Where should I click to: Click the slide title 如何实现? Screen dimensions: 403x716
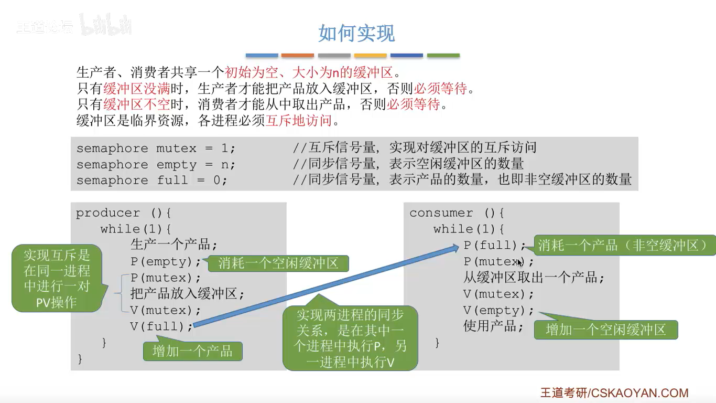pyautogui.click(x=356, y=34)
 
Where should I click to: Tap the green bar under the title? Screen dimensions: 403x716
pyautogui.click(x=443, y=55)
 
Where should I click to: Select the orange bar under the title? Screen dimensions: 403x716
pyautogui.click(x=297, y=55)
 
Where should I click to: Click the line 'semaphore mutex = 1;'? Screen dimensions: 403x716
pyautogui.click(x=156, y=149)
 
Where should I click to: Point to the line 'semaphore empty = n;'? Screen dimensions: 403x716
pyautogui.click(x=156, y=165)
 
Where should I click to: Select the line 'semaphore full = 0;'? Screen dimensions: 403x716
pyautogui.click(x=152, y=181)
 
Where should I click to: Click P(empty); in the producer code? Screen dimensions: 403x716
pyautogui.click(x=166, y=261)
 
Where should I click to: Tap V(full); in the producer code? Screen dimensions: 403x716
pyautogui.click(x=161, y=326)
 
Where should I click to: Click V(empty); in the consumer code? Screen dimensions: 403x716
pyautogui.click(x=498, y=310)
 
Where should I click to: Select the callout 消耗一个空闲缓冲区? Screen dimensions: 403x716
pyautogui.click(x=278, y=263)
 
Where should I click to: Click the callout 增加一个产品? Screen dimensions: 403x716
pyautogui.click(x=192, y=351)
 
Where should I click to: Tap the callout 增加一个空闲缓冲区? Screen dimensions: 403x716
pyautogui.click(x=605, y=330)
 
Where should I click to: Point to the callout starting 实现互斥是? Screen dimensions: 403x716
pyautogui.click(x=57, y=278)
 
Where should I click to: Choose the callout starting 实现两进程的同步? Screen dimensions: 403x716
pyautogui.click(x=350, y=338)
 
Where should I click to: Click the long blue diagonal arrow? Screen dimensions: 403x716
pyautogui.click(x=325, y=286)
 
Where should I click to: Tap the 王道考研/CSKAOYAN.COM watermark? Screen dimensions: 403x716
pyautogui.click(x=614, y=393)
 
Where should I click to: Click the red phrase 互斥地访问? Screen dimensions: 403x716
pyautogui.click(x=299, y=121)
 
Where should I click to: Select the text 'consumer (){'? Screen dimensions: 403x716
pyautogui.click(x=457, y=213)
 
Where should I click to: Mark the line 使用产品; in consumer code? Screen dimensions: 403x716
pyautogui.click(x=493, y=326)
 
